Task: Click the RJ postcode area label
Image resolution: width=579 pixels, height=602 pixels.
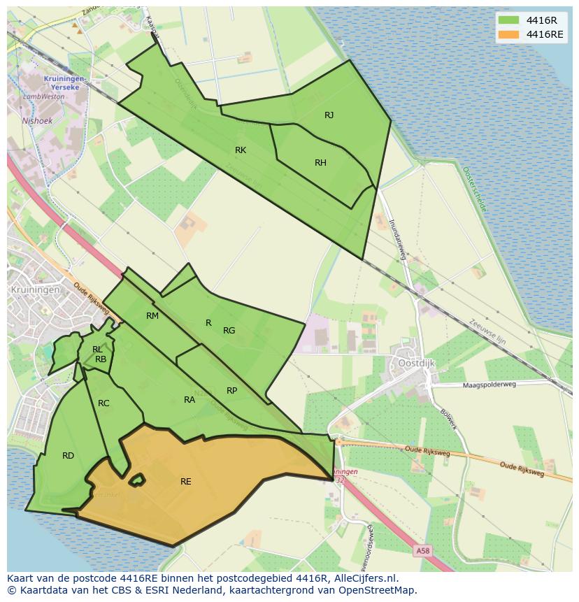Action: tap(329, 115)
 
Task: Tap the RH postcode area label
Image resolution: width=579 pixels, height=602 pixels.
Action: tap(320, 163)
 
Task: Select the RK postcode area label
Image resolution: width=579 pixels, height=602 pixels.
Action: tap(241, 150)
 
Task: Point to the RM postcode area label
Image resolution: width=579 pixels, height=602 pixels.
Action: tap(152, 316)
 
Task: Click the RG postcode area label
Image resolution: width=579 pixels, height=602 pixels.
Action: tap(229, 331)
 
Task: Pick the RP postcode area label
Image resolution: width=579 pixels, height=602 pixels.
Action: tap(231, 391)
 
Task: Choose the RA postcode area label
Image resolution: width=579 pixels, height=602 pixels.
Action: tap(190, 400)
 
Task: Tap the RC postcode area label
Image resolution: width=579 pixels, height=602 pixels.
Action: tap(103, 403)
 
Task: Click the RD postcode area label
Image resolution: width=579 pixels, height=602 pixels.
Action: tap(68, 456)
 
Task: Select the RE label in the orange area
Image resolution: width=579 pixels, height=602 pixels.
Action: tap(185, 482)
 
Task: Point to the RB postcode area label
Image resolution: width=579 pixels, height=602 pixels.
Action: tap(101, 359)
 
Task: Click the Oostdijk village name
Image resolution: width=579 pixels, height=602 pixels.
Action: tap(417, 364)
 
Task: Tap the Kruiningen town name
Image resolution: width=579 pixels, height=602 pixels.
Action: tap(33, 289)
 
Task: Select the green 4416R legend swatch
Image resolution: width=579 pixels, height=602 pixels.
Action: tap(508, 20)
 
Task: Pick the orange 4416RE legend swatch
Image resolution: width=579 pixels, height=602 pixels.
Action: tap(508, 34)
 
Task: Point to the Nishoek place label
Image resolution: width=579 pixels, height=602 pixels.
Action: tap(37, 120)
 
